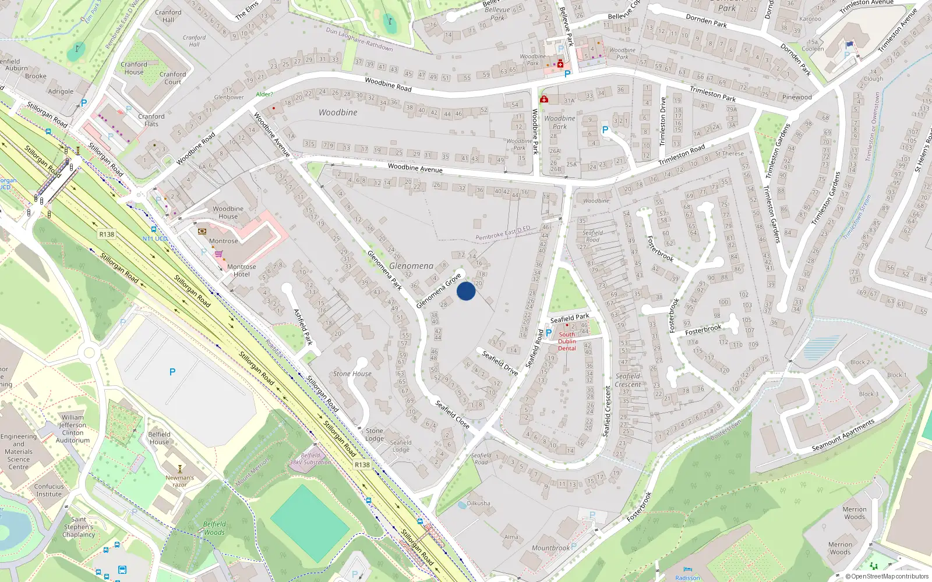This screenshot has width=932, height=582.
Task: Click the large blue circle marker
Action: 466,291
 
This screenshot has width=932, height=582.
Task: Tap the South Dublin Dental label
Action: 567,342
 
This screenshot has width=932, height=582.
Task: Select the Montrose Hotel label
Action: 241,271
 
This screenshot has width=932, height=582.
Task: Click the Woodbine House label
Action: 228,212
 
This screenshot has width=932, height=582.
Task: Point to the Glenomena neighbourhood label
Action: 411,266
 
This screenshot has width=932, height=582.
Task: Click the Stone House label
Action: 352,374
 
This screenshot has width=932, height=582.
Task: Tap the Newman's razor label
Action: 180,481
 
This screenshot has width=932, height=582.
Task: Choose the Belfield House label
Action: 159,438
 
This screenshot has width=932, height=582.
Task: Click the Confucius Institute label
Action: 49,490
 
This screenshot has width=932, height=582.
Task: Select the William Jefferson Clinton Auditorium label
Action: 73,429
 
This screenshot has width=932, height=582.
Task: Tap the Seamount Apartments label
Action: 843,435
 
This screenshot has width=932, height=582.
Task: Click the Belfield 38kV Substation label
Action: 310,459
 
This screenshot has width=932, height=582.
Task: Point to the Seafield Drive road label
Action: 500,362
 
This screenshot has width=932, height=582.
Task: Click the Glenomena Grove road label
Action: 439,291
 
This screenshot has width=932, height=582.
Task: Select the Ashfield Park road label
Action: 303,327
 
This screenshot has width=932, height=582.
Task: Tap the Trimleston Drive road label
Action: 662,121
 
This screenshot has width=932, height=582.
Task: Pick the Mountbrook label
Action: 550,548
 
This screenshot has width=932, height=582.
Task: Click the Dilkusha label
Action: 478,503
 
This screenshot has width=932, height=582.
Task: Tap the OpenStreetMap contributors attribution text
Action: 890,577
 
